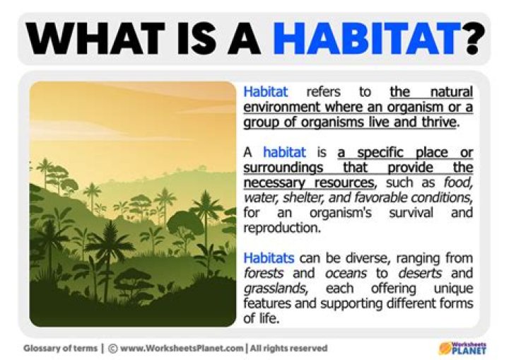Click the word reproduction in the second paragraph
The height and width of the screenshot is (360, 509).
pos(279,228)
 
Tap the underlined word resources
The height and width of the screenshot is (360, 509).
pos(335,182)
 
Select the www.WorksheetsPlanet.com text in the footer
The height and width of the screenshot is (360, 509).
pos(182,348)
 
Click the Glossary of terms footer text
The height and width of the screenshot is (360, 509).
pos(61,348)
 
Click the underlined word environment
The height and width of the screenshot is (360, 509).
pos(279,107)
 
